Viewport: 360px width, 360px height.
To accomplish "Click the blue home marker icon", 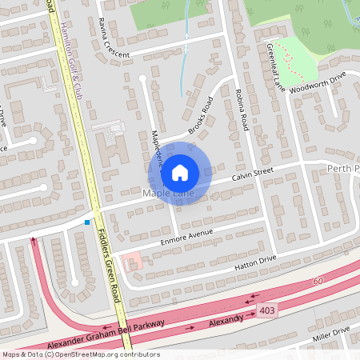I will pyautogui.click(x=180, y=171).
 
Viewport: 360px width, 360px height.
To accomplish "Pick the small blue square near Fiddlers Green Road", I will pyautogui.click(x=87, y=222).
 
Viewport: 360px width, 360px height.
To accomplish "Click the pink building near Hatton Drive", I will pyautogui.click(x=132, y=261).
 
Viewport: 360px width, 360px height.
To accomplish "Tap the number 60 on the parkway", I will pyautogui.click(x=318, y=280).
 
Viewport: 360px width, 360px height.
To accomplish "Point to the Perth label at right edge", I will pyautogui.click(x=345, y=169).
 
